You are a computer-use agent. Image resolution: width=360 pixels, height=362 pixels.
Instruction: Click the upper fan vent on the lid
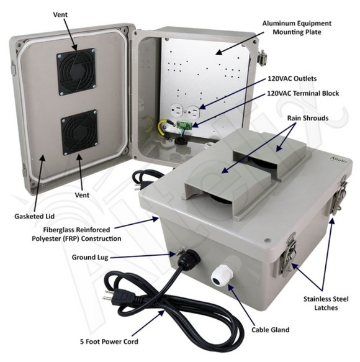point(77,71)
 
